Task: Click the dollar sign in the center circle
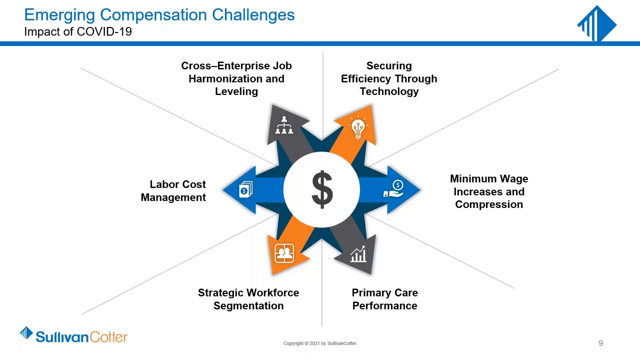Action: pyautogui.click(x=322, y=189)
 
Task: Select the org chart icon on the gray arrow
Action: pyautogui.click(x=284, y=125)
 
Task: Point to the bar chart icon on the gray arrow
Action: pyautogui.click(x=358, y=254)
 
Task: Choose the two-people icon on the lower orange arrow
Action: pyautogui.click(x=284, y=253)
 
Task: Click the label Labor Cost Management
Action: pyautogui.click(x=173, y=191)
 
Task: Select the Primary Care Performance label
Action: pyautogui.click(x=384, y=299)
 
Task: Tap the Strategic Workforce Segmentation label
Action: pyautogui.click(x=248, y=299)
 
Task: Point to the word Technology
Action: pyautogui.click(x=389, y=91)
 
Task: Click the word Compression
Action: pyautogui.click(x=489, y=204)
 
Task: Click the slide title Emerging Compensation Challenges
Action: pyautogui.click(x=159, y=15)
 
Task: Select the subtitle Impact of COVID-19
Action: pyautogui.click(x=78, y=31)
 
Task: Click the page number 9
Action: pyautogui.click(x=600, y=343)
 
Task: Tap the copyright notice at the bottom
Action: pyautogui.click(x=320, y=343)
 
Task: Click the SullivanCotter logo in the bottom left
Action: pyautogui.click(x=74, y=335)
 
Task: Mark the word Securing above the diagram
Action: pyautogui.click(x=389, y=66)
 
